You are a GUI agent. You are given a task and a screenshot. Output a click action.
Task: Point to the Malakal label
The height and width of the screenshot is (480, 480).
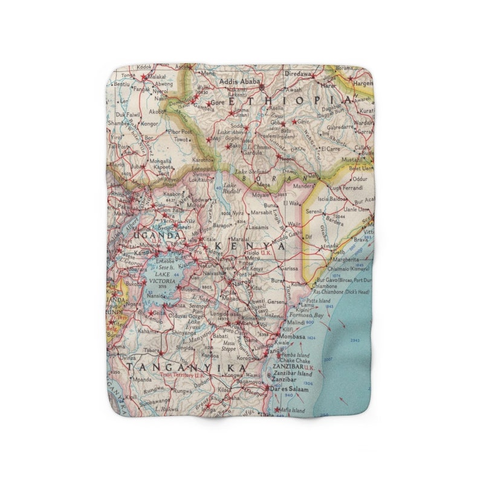point(156,77)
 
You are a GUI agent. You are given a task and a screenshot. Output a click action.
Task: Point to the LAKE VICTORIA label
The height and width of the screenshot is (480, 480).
point(158,277)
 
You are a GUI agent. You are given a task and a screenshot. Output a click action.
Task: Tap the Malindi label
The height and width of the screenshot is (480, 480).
point(296,323)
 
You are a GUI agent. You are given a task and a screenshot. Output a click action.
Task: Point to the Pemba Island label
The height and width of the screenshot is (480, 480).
point(296,355)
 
